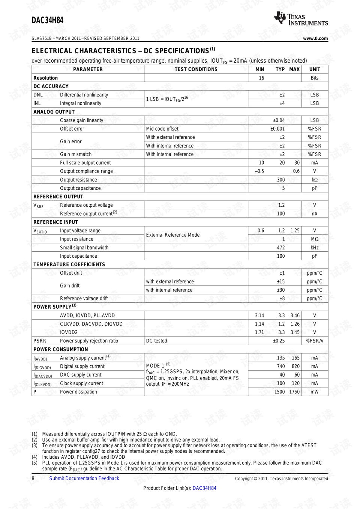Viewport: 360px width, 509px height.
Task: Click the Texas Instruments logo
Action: [x=301, y=18]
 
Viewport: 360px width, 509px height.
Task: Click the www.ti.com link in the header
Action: [x=315, y=38]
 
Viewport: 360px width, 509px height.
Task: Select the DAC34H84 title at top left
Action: [x=48, y=20]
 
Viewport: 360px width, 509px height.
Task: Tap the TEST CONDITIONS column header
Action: [x=196, y=69]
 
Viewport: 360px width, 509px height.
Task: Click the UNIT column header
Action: [x=315, y=69]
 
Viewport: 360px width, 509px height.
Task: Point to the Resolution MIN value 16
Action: [x=261, y=78]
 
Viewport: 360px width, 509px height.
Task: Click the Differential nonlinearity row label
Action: [x=84, y=95]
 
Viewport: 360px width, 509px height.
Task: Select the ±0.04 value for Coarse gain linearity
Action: [x=279, y=120]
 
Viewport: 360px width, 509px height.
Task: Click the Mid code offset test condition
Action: [x=162, y=129]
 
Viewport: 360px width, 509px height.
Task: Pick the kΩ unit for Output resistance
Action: [x=315, y=180]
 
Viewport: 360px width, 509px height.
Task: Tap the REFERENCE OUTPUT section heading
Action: [x=58, y=197]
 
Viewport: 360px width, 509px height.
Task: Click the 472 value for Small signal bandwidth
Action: [x=281, y=248]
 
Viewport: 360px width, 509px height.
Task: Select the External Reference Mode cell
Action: [x=173, y=235]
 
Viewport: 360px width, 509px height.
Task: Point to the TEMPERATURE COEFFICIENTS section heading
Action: [x=69, y=264]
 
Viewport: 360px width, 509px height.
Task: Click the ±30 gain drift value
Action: [x=280, y=290]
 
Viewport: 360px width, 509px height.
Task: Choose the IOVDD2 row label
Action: [x=69, y=332]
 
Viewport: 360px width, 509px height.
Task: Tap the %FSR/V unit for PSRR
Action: [x=315, y=341]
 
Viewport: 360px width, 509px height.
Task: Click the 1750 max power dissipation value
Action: [x=294, y=392]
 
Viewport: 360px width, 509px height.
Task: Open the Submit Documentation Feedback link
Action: [x=84, y=478]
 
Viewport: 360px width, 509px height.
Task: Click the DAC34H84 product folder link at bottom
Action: [x=204, y=488]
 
